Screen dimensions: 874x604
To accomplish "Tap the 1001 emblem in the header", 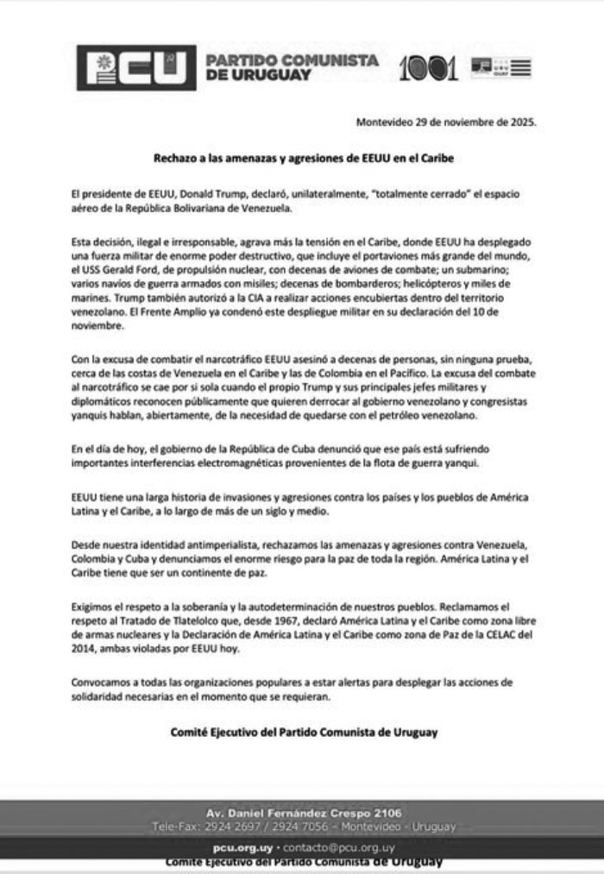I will pyautogui.click(x=428, y=68).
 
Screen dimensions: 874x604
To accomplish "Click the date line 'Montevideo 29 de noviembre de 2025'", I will pyautogui.click(x=446, y=122).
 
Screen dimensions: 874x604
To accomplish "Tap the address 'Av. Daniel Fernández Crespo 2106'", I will pyautogui.click(x=303, y=813).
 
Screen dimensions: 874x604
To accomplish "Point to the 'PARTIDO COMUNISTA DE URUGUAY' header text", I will pyautogui.click(x=292, y=67).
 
